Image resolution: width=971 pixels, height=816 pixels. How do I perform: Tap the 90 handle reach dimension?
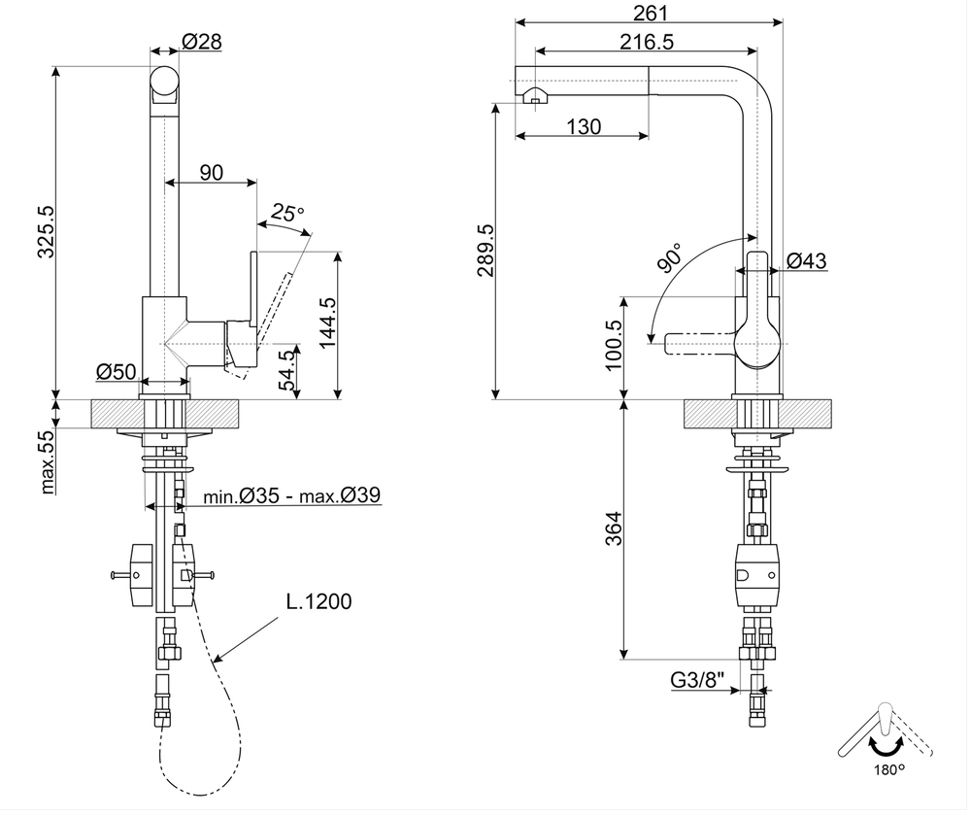click(x=212, y=173)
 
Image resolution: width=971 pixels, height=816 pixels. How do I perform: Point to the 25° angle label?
click(x=287, y=211)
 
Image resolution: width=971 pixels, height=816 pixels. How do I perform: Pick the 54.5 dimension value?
click(x=286, y=370)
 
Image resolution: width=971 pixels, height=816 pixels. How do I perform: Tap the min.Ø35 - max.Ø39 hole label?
click(x=291, y=496)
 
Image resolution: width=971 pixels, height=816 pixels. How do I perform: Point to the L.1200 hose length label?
click(x=318, y=601)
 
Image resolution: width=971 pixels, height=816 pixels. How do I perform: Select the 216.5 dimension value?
click(x=647, y=41)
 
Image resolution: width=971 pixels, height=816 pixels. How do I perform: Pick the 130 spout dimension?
click(x=582, y=126)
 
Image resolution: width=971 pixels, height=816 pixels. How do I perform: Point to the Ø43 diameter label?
click(x=807, y=260)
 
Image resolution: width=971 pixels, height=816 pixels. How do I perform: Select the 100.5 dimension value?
click(x=613, y=345)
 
